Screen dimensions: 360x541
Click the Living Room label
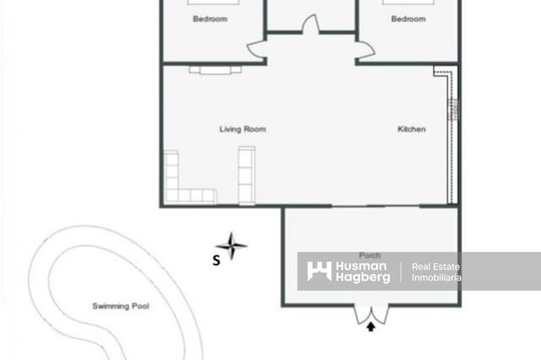click(x=243, y=129)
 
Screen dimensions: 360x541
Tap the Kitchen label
click(x=412, y=129)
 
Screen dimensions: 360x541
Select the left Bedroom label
click(x=210, y=19)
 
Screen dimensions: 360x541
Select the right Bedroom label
click(x=407, y=19)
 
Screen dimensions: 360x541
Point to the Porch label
click(x=369, y=255)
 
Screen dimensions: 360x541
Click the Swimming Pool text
click(x=120, y=306)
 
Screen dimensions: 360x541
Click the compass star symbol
click(x=231, y=246)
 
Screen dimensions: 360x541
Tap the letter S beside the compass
click(x=216, y=261)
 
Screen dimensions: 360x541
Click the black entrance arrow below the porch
click(x=370, y=328)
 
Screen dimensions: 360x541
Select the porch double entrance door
click(x=370, y=314)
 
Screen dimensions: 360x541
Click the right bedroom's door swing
click(x=365, y=51)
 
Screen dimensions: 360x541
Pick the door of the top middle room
click(x=310, y=25)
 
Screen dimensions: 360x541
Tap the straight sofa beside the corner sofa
click(x=246, y=175)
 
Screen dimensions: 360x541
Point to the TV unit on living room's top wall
click(x=210, y=69)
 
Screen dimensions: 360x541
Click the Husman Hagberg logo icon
click(x=319, y=271)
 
